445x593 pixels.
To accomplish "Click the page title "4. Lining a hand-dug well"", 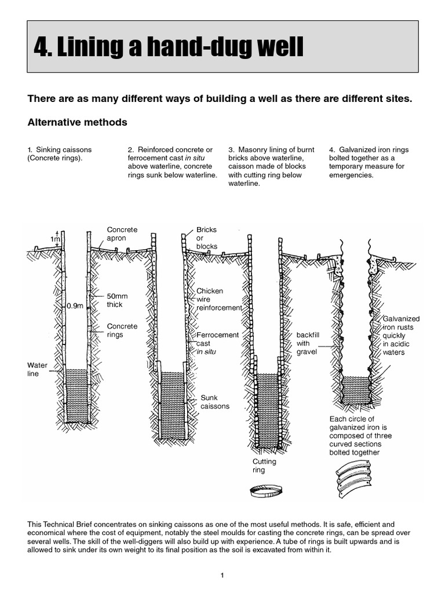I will pyautogui.click(x=169, y=47).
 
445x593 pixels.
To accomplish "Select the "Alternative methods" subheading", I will pyautogui.click(x=78, y=123).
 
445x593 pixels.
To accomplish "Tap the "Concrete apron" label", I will pyautogui.click(x=122, y=234).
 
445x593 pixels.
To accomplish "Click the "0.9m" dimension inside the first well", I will pyautogui.click(x=75, y=305).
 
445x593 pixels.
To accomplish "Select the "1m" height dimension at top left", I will pyautogui.click(x=54, y=239).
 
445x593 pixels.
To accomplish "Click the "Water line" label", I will pyautogui.click(x=38, y=369).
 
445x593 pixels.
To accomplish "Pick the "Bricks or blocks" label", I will pyautogui.click(x=207, y=238).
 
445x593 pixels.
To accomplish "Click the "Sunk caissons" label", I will pyautogui.click(x=214, y=402).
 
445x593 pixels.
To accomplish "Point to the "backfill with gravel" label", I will pyautogui.click(x=307, y=343).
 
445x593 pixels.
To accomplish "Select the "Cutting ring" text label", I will pyautogui.click(x=264, y=466).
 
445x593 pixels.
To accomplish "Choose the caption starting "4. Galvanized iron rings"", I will pyautogui.click(x=369, y=162).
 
